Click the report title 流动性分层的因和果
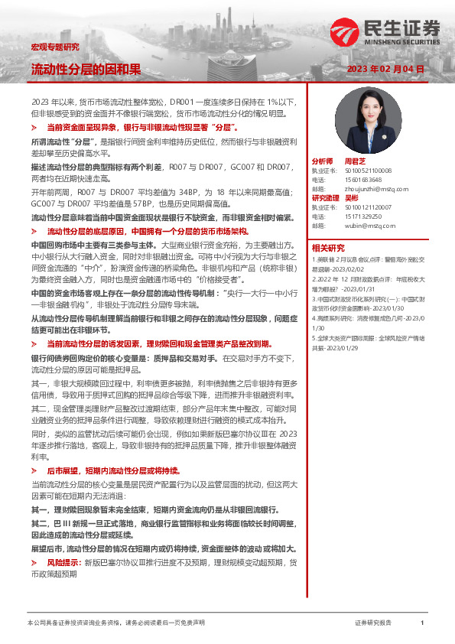pyautogui.click(x=85, y=69)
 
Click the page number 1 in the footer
pyautogui.click(x=422, y=623)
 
